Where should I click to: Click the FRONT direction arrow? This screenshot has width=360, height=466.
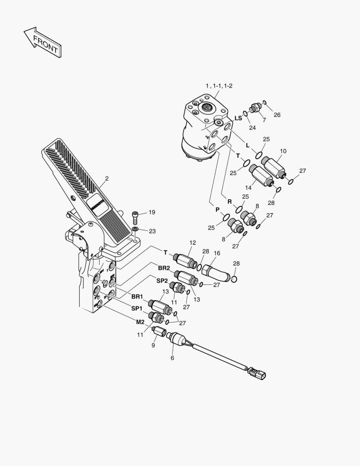(42, 42)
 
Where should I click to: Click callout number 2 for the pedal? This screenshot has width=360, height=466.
(106, 178)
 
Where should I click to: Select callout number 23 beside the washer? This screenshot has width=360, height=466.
(152, 231)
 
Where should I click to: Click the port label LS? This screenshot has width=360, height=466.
(238, 118)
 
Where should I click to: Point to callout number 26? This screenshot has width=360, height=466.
(277, 115)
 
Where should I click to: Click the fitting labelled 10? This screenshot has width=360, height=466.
(272, 164)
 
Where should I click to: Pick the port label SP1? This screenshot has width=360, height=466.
(137, 308)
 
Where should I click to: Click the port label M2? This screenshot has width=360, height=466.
(141, 322)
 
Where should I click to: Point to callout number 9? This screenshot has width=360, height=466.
(153, 345)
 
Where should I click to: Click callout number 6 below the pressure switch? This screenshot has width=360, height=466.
(172, 358)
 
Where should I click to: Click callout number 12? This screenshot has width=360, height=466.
(192, 243)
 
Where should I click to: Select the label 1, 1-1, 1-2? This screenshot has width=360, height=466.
(219, 86)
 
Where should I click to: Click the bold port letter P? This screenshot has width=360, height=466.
(217, 209)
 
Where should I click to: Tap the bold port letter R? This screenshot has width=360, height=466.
(230, 201)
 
